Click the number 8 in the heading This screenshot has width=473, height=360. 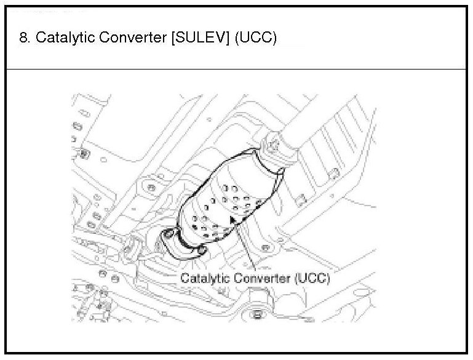coord(23,38)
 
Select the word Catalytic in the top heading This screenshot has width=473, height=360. coord(60,38)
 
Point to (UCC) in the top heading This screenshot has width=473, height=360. coord(255,38)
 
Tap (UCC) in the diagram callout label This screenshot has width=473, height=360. coord(312,278)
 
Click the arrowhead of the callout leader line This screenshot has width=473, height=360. coord(233,217)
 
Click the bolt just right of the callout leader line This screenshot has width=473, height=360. coord(265,247)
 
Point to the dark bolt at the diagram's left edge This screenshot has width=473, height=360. coord(84,151)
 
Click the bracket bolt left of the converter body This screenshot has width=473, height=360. coord(149,185)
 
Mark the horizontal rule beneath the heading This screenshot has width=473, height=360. coord(236,69)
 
